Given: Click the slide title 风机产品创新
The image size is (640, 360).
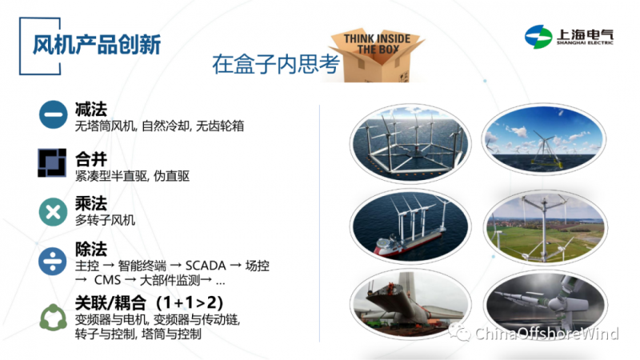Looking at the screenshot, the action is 97,45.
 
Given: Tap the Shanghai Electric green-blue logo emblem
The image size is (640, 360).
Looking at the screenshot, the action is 538,37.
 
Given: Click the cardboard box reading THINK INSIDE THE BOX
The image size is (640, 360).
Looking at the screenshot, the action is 378,54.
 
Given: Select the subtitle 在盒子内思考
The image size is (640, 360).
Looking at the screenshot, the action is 276,64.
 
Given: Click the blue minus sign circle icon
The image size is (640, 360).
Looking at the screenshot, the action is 53,114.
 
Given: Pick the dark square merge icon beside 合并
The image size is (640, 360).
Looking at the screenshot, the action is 52,163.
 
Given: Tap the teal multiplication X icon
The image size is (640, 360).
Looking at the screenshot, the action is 53,212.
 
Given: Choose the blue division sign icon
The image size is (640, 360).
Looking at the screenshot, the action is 53,261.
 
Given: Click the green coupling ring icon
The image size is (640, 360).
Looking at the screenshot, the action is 53,317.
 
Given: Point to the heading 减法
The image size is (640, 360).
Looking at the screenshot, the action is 91,109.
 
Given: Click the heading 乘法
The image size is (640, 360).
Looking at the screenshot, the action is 91,203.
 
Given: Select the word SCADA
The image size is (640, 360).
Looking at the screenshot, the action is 206,266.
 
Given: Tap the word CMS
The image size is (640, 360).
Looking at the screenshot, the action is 107,281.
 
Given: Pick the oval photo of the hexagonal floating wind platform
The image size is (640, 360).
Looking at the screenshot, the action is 410,143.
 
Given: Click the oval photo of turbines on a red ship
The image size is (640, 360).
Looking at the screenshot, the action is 410,226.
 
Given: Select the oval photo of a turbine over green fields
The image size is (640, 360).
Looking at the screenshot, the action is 546,227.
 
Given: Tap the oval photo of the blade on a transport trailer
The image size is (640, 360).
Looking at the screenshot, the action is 410,305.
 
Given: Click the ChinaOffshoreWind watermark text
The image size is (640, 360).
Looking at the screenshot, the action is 546,334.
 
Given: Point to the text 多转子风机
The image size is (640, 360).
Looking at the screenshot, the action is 105,221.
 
